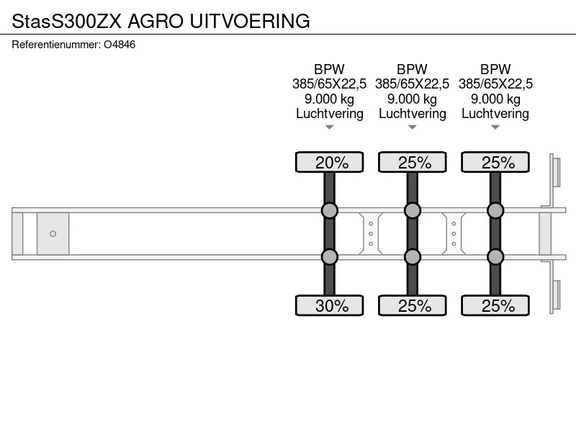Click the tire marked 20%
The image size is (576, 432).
pyautogui.click(x=330, y=162)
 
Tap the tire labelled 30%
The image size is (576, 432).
pyautogui.click(x=330, y=305)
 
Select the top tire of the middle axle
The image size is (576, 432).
pyautogui.click(x=413, y=162)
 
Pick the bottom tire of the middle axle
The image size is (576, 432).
pyautogui.click(x=413, y=305)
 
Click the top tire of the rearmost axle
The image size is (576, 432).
pyautogui.click(x=495, y=162)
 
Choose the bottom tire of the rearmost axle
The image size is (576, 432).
pyautogui.click(x=495, y=305)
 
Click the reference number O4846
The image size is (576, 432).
pyautogui.click(x=120, y=45)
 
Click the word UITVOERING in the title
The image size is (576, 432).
pyautogui.click(x=250, y=21)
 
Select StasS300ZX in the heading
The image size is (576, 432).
pyautogui.click(x=66, y=21)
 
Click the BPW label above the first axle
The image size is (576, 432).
pyautogui.click(x=330, y=69)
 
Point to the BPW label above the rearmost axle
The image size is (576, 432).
pyautogui.click(x=495, y=69)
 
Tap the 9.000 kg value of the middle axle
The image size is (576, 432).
pyautogui.click(x=412, y=99)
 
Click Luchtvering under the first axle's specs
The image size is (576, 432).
pyautogui.click(x=330, y=114)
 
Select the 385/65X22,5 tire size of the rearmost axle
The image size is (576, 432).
pyautogui.click(x=495, y=84)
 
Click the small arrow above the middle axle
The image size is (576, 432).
pyautogui.click(x=413, y=127)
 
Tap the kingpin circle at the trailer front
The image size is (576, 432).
pyautogui.click(x=53, y=233)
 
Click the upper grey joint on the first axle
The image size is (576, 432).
pyautogui.click(x=330, y=210)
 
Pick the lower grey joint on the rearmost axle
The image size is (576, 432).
pyautogui.click(x=495, y=257)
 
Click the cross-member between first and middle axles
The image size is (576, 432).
pyautogui.click(x=371, y=233)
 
